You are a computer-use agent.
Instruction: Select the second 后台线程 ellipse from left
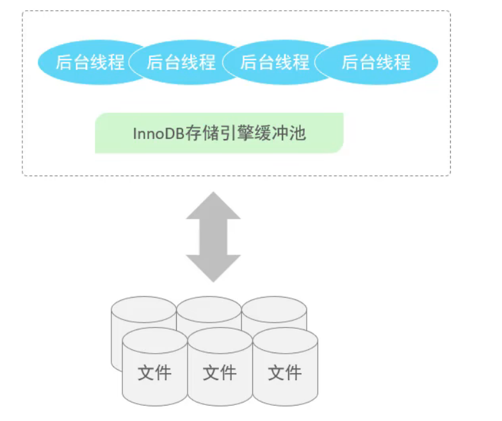pos(181,62)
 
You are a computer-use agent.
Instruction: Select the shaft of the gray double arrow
pos(213,237)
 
